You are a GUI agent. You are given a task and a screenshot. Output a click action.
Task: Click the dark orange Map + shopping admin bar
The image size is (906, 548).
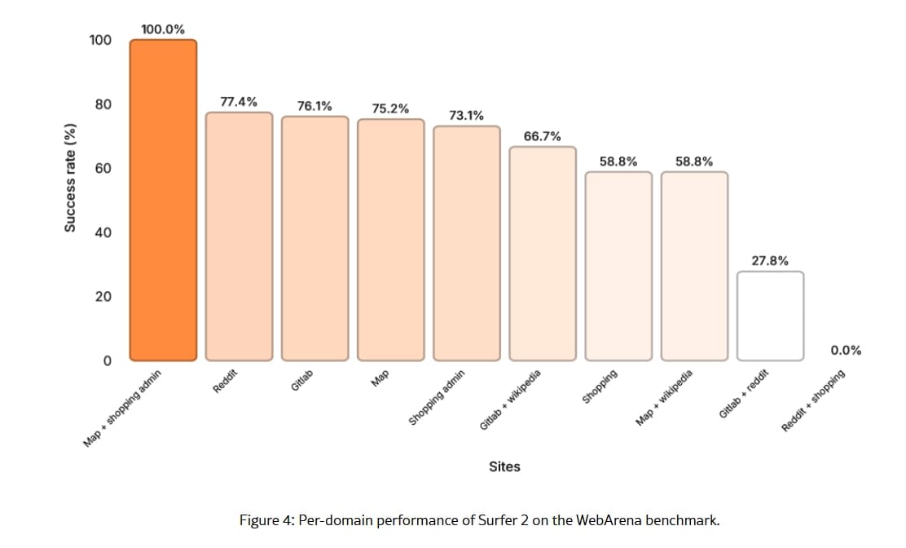point(163,200)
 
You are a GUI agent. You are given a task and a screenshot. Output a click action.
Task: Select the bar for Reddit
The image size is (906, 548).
point(239,236)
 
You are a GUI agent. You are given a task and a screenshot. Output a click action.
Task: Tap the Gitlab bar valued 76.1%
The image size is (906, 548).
point(314,238)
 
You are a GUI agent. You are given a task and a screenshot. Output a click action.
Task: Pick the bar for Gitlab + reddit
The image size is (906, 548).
point(770,316)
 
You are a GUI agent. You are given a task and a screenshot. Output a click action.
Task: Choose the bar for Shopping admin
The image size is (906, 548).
point(466,243)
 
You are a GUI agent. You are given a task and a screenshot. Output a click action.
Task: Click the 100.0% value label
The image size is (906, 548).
point(163,29)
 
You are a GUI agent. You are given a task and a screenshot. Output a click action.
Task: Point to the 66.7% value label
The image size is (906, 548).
point(542,136)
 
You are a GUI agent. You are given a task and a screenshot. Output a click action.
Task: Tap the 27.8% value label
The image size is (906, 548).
point(770,261)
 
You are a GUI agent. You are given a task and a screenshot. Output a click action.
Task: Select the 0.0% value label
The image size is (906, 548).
point(846,351)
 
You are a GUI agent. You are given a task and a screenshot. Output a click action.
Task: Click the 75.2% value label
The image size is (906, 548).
point(390,108)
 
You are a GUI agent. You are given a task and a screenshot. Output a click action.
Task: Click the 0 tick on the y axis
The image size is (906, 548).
point(105,360)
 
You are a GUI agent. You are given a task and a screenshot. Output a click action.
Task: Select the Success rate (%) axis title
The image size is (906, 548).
point(71,177)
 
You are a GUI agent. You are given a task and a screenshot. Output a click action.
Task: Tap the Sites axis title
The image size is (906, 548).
point(504,466)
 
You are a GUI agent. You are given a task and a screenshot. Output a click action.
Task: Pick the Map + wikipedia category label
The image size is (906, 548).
point(665,397)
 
